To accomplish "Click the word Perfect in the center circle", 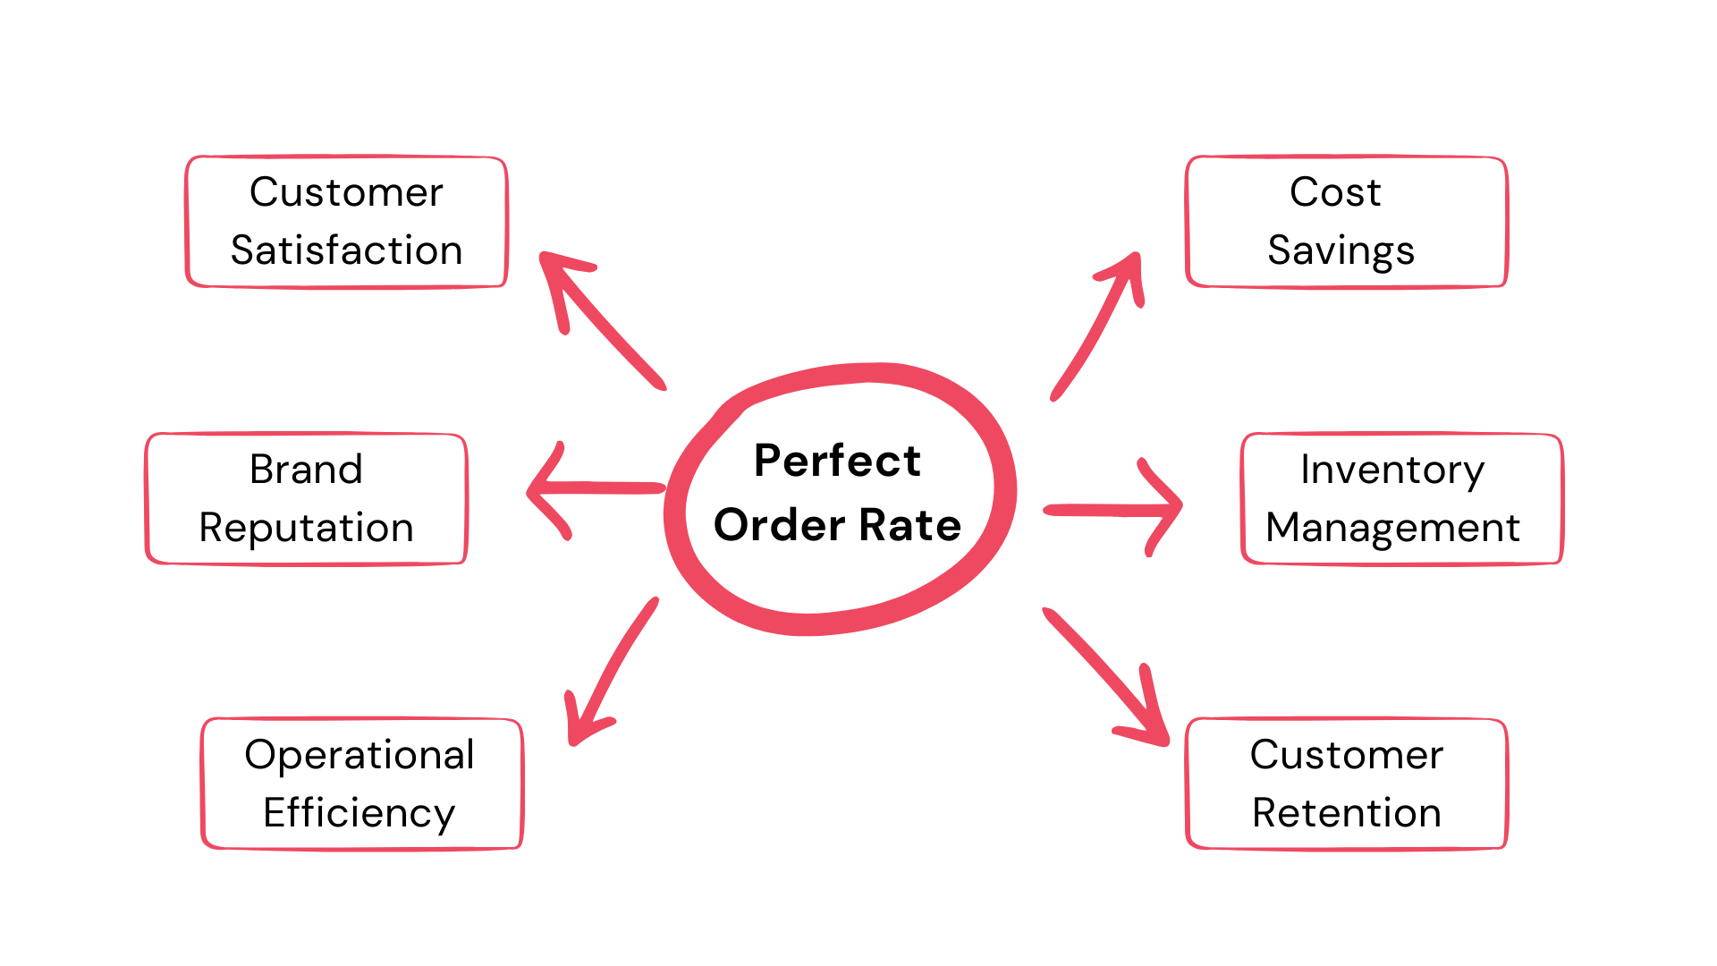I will [837, 462].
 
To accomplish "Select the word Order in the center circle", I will [779, 525].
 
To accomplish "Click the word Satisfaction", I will [346, 250].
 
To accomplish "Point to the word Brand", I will [306, 470].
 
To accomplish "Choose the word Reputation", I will [306, 528].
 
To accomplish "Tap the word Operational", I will [359, 755].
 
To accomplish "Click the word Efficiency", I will [359, 813].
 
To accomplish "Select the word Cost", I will [1335, 192].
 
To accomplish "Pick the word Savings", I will [1341, 250].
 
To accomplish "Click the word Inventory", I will [1392, 470].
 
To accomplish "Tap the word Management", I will [1392, 528].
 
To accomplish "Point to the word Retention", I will [1346, 813].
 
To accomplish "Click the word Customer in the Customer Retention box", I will [1346, 755].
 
